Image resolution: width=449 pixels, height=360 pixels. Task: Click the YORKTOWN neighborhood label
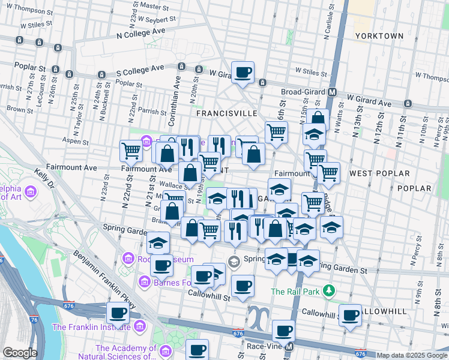tap(379, 36)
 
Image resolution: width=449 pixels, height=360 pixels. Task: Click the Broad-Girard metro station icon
tap(331, 92)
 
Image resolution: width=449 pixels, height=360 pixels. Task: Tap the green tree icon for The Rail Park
tap(328, 292)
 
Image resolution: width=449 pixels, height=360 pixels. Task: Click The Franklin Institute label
tap(91, 327)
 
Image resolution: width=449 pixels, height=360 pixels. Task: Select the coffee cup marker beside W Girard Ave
tap(243, 73)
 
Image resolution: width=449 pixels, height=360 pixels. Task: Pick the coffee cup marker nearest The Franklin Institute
tap(118, 313)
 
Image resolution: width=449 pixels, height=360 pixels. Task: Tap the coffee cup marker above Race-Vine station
tap(283, 330)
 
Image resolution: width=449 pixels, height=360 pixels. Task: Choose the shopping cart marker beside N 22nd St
tap(131, 151)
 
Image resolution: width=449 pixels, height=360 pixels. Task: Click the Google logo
tap(20, 353)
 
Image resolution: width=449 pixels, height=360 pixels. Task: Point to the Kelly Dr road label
tap(43, 178)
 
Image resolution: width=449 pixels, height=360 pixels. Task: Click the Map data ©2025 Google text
tap(412, 355)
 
